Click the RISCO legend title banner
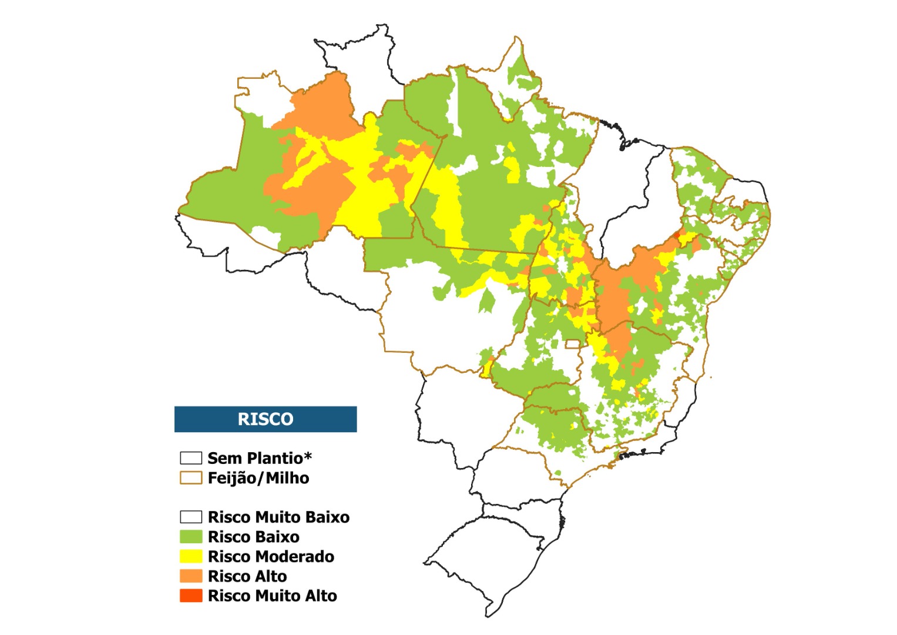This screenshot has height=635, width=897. pos(266,419)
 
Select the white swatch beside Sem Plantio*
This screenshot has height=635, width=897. pos(191,457)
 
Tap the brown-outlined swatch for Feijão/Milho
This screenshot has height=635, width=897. pos(191,477)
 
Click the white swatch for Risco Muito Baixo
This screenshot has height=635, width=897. pos(191,517)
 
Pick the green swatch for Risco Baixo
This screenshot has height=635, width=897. pos(191,537)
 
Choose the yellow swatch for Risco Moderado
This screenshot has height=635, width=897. pos(191,556)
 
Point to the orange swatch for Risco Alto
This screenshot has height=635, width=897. pos(191,576)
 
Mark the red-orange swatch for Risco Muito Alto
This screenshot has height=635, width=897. pos(191,596)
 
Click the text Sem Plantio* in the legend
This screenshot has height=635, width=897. pos(260,458)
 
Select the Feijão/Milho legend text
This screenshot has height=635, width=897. pos(258,478)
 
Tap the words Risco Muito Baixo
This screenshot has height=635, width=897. pos(278,517)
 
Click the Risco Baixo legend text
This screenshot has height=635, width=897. pos(254,537)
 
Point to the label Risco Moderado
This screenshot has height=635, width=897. pos(271,557)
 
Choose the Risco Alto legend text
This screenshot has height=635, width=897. pos(247,576)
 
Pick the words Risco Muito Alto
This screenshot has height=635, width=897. pos(273,596)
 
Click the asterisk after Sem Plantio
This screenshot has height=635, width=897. pos(308,456)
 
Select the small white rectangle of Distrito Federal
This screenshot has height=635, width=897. pos(572,344)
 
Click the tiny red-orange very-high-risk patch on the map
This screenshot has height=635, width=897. pos(677,235)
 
